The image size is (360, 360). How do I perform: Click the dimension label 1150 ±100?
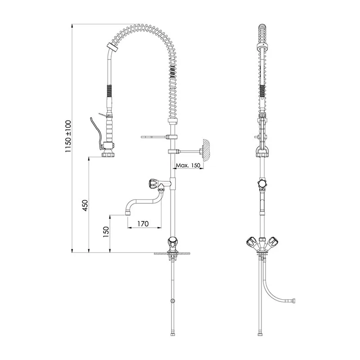pos(68,136)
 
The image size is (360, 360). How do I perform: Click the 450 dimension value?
pos(85,206)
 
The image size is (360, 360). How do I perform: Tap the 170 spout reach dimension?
pos(143,224)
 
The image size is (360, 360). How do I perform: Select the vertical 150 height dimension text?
pos(106,232)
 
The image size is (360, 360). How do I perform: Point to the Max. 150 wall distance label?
pos(188,165)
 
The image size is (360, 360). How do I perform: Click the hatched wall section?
pos(206,150)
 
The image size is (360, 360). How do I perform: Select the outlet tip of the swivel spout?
pos(128,213)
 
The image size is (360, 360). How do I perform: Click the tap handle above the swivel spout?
pos(153,183)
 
